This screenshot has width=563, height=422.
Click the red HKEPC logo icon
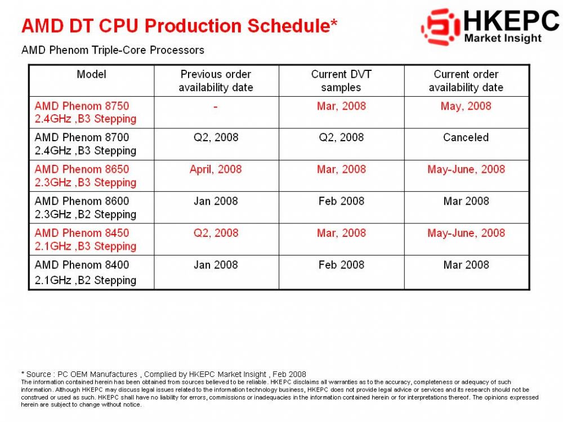click(441, 27)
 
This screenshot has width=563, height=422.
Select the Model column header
click(92, 74)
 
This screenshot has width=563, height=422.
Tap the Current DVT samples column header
click(341, 80)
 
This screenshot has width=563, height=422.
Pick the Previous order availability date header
click(216, 80)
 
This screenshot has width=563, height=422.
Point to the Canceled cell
click(466, 137)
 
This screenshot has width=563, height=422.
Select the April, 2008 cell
click(216, 169)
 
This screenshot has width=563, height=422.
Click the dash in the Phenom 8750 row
click(216, 106)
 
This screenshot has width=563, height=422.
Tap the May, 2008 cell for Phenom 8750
click(466, 106)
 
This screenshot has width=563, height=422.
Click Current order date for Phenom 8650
click(466, 169)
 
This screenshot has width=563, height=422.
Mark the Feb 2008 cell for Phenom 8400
click(341, 265)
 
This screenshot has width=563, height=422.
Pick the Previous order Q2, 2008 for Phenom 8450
click(216, 234)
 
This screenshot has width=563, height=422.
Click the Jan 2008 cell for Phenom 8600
click(216, 201)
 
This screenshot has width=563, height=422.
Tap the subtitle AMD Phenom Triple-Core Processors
click(113, 50)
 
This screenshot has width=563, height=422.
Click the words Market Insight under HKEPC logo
click(503, 38)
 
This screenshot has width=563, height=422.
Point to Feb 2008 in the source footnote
click(289, 374)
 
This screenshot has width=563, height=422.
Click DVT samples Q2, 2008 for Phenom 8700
click(341, 137)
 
